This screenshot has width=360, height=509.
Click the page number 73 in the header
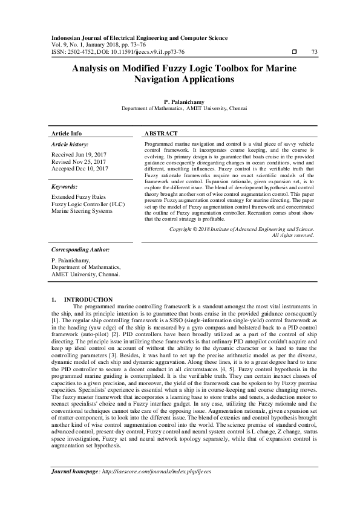[x=314, y=53]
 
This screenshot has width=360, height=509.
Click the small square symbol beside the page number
[x=295, y=53]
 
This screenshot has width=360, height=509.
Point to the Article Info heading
[x=67, y=133]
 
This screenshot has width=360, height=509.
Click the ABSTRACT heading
[x=162, y=133]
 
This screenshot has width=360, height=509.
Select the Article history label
[x=69, y=144]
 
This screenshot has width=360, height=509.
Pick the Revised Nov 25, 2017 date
[x=79, y=163]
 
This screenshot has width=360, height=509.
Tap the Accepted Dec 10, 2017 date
[x=79, y=169]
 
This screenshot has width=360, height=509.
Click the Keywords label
[x=65, y=187]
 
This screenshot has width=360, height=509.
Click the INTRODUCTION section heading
[x=88, y=300]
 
